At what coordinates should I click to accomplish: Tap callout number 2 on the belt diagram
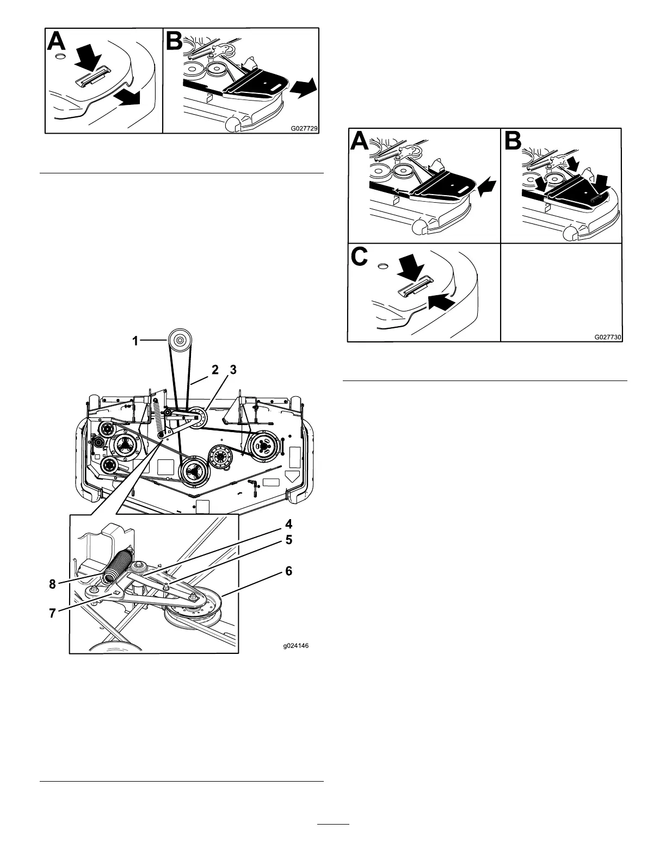[215, 370]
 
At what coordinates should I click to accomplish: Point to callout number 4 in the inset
[289, 525]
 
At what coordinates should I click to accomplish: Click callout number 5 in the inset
[289, 540]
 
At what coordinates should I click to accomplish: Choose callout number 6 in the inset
[289, 571]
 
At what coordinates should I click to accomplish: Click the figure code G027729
[304, 128]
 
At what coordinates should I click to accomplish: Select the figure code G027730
[607, 337]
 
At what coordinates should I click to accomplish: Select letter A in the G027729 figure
[59, 42]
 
